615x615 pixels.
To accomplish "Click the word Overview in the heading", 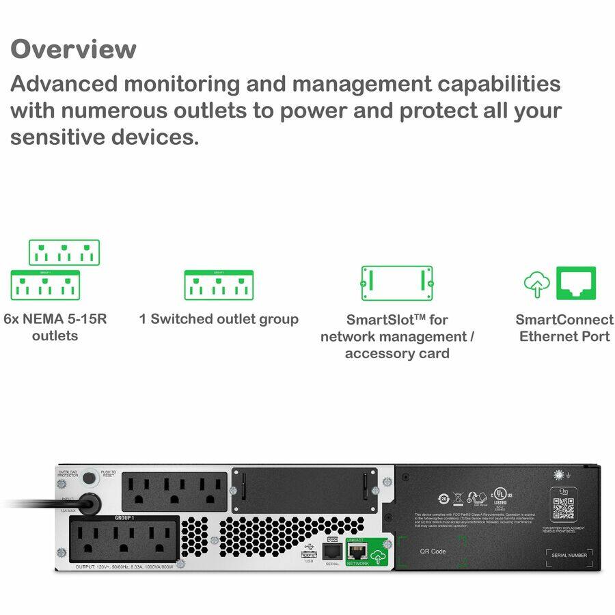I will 73,49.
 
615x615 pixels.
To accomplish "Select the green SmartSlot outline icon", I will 396,283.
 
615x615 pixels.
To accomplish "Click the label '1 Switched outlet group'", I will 219,319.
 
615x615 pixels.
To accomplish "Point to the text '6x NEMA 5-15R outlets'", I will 55,327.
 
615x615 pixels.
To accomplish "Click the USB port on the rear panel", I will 308,553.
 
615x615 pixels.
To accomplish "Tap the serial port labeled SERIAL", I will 332,551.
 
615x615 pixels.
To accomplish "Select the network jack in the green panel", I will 357,551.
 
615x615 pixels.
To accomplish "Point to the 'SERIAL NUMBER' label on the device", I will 569,555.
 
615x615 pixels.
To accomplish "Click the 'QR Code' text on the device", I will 433,551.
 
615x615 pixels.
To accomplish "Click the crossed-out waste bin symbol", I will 459,498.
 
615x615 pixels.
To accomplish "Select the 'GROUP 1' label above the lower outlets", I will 124,518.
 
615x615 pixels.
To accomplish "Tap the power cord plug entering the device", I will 87,504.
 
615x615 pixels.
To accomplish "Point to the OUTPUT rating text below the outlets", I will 123,566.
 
